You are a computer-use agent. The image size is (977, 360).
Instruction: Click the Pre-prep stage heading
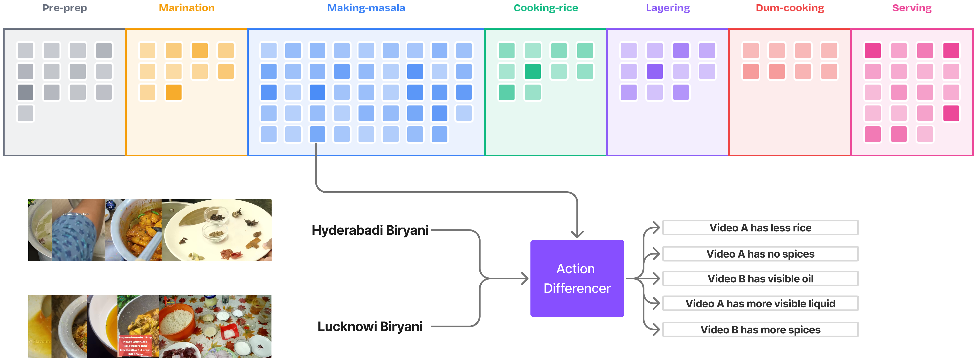(x=65, y=8)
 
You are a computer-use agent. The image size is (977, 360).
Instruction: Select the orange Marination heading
(x=187, y=8)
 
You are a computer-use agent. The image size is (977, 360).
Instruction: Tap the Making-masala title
(x=366, y=8)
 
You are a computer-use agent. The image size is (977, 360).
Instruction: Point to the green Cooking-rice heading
(x=545, y=8)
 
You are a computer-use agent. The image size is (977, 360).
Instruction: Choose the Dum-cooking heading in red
(x=790, y=8)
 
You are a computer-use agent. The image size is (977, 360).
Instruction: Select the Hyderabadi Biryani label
(x=370, y=230)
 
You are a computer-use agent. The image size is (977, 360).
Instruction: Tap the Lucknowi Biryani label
(x=370, y=326)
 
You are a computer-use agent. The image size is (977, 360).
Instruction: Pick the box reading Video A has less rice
(x=760, y=228)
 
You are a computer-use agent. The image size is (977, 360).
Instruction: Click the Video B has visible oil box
(x=760, y=279)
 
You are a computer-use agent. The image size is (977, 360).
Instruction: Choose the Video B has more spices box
(x=760, y=330)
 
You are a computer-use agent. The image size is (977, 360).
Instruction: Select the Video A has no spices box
(x=760, y=254)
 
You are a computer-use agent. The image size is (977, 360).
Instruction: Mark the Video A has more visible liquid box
(x=760, y=304)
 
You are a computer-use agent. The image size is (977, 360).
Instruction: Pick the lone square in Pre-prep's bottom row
(x=25, y=113)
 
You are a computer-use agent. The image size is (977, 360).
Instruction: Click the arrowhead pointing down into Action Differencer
(x=577, y=234)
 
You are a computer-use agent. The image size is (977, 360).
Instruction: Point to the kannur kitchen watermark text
(x=76, y=214)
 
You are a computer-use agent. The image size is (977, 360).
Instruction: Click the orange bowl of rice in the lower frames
(x=178, y=324)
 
